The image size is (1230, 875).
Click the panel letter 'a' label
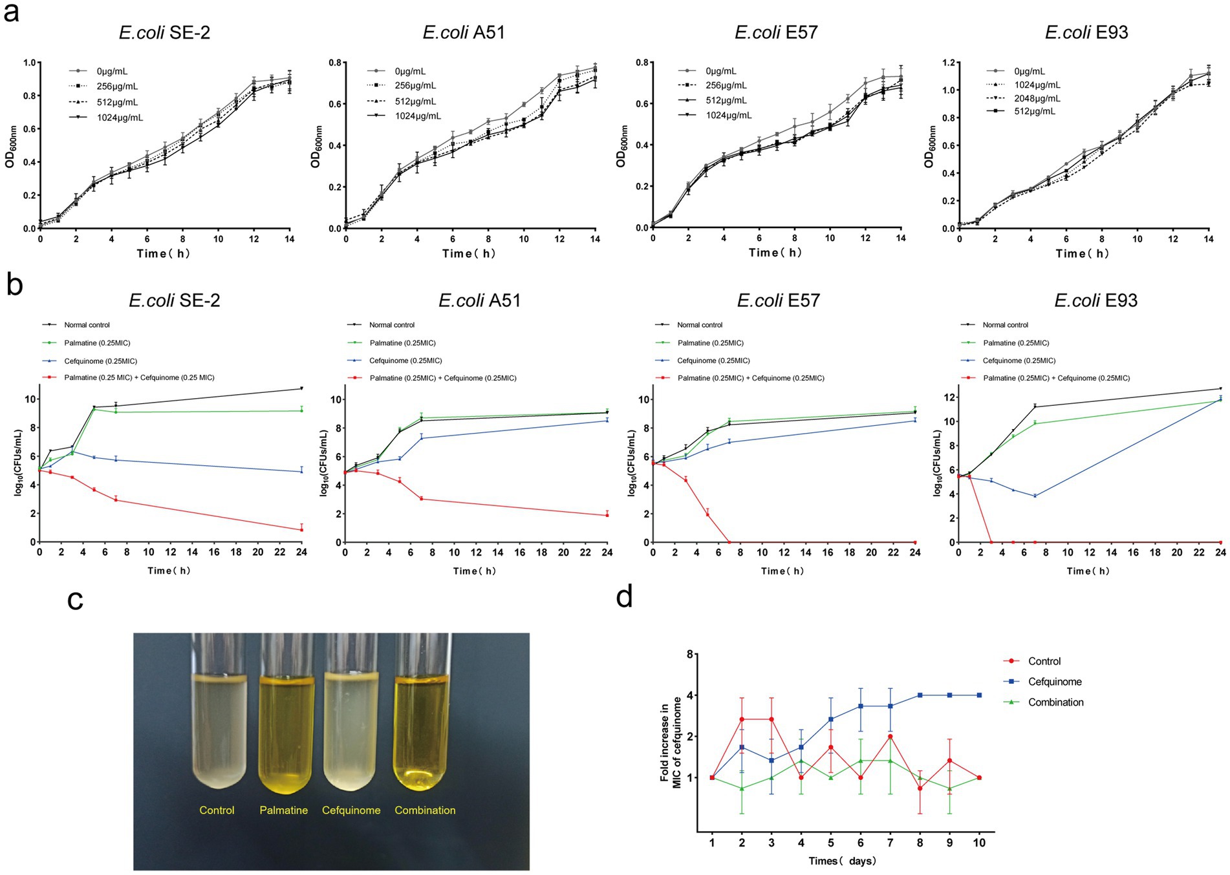pos(11,13)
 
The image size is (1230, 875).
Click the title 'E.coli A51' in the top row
pos(464,32)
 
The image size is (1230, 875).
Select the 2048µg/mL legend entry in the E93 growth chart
pos(1037,98)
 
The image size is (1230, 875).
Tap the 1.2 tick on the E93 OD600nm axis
pos(947,63)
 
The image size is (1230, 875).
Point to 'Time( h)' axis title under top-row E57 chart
pos(775,253)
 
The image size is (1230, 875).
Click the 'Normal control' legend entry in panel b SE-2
pos(87,325)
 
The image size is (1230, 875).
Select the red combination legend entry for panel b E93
pos(1056,378)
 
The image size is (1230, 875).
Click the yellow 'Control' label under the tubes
pos(217,810)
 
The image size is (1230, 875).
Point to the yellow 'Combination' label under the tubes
pos(425,810)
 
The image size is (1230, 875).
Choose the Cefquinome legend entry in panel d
pos(1054,682)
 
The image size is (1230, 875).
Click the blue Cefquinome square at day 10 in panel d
pos(979,695)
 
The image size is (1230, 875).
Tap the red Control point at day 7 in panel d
pos(890,737)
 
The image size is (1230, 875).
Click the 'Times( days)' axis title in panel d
pos(842,861)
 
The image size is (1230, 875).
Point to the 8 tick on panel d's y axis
pos(689,655)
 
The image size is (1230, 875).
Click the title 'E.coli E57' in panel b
pos(779,300)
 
